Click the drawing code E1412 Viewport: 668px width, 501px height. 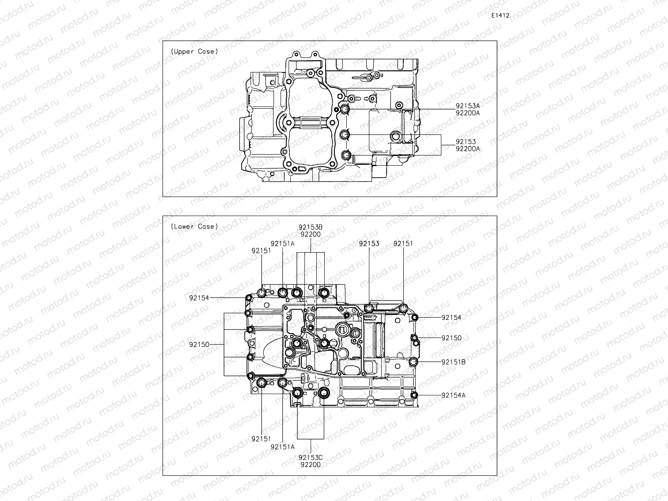click(500, 15)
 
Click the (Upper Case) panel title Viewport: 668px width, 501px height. click(194, 52)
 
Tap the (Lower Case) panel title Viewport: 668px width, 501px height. click(194, 227)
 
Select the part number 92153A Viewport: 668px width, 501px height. click(467, 106)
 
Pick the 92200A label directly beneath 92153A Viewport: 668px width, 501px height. click(467, 113)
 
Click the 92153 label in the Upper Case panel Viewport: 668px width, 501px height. click(466, 142)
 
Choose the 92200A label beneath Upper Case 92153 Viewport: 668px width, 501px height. click(467, 149)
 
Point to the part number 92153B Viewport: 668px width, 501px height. click(310, 227)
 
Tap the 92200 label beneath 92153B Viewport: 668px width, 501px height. click(310, 235)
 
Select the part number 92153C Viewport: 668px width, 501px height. click(310, 457)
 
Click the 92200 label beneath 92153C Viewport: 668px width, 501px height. click(310, 464)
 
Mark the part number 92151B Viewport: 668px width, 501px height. click(453, 362)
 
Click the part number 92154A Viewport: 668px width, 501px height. click(453, 395)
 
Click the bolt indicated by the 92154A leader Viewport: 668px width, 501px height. click(414, 395)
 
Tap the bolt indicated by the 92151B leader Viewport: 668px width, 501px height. click(414, 362)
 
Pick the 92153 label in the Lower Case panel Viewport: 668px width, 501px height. click(369, 243)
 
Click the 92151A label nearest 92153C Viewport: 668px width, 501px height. click(283, 447)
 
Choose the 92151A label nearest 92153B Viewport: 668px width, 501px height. click(283, 243)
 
